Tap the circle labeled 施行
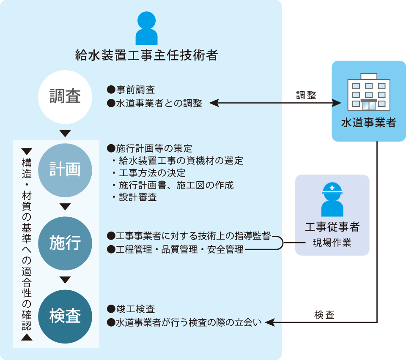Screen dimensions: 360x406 coord(65,243)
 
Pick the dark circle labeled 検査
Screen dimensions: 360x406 coord(65,316)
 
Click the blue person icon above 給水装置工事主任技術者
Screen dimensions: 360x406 coord(146,28)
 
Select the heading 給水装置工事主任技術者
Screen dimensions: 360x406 coord(146,55)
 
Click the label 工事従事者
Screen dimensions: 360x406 coord(332,227)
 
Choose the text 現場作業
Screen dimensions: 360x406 coord(332,243)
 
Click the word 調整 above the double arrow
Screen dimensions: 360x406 coord(306,95)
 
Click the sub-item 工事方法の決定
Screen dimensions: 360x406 coord(152,173)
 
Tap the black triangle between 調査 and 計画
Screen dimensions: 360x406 coord(65,134)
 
